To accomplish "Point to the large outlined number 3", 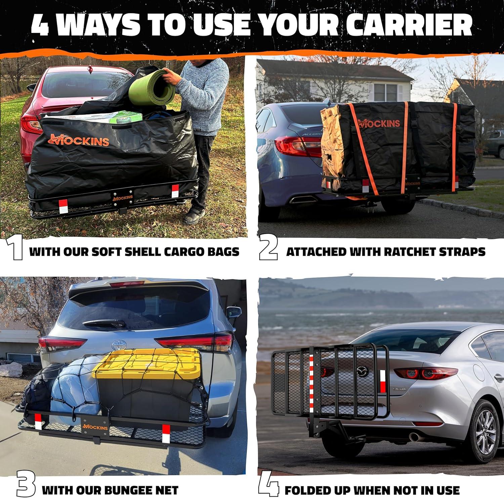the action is coord(25,486).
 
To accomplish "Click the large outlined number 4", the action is coord(268,485).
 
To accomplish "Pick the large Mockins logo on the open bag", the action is coord(79,140).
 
